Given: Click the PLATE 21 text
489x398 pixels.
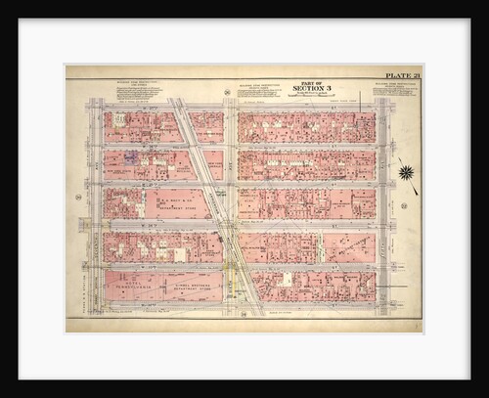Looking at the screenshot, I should tap(401, 74).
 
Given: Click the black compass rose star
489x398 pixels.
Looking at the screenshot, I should tap(405, 173).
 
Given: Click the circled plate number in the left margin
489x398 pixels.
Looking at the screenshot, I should tap(78, 198).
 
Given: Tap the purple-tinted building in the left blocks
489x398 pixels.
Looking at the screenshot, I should tap(131, 156).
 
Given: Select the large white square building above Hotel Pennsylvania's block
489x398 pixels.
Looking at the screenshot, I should tap(179, 254).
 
